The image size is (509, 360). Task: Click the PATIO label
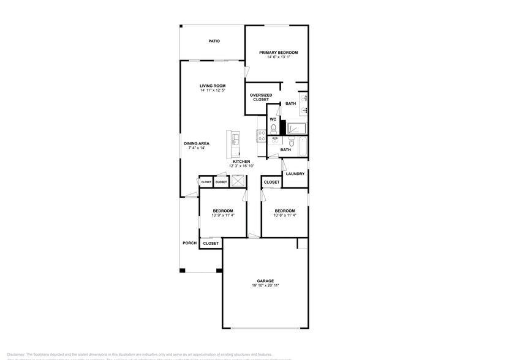click(x=214, y=42)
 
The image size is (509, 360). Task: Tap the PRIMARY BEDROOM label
click(x=278, y=53)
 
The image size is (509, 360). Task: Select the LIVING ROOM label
click(x=213, y=86)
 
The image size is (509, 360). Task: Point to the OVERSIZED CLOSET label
click(x=261, y=97)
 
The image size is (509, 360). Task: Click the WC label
click(x=273, y=119)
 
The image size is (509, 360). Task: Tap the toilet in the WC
click(x=273, y=129)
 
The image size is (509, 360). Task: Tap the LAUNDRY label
click(x=295, y=174)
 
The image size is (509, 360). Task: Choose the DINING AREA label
click(x=197, y=143)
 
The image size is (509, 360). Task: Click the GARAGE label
click(x=265, y=281)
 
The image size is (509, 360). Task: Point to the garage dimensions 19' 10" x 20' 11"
click(x=265, y=286)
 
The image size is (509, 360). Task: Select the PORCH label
click(x=190, y=243)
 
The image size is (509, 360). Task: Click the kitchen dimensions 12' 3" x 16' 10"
click(x=241, y=166)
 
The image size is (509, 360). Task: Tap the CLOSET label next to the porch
click(x=211, y=243)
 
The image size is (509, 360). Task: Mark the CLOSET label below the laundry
click(x=271, y=182)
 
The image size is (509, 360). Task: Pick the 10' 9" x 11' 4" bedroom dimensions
click(x=223, y=215)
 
